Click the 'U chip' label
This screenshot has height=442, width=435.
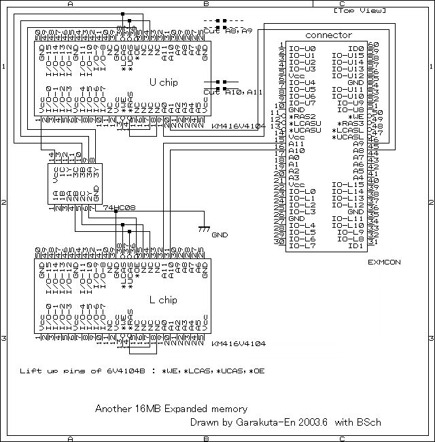pos(163,82)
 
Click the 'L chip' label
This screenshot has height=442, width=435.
pos(163,299)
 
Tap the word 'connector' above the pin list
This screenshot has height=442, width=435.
pos(329,35)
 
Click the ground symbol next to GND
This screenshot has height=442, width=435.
pos(203,230)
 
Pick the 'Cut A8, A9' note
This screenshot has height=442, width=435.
pos(227,31)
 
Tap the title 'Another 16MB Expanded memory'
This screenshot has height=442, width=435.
pos(171,409)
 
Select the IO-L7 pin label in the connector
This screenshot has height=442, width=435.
pos(302,246)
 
